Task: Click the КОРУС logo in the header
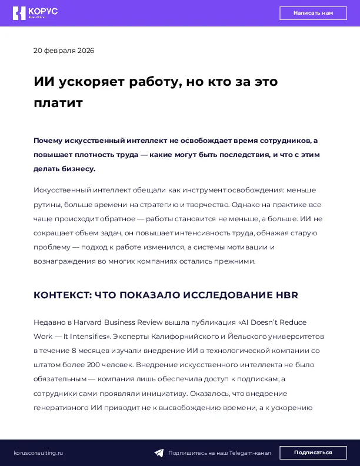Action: pos(36,13)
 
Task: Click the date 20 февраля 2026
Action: pos(64,51)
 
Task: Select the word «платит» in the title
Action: pos(58,103)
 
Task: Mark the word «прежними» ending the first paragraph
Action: pos(234,261)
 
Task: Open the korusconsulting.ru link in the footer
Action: pos(38,452)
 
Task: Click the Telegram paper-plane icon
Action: pos(159,453)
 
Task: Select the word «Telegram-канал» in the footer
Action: pos(250,453)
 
